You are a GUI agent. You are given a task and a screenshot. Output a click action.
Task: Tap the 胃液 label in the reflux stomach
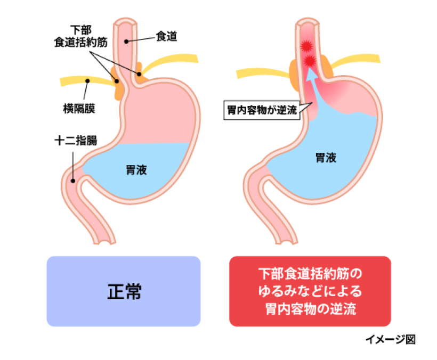click(326, 158)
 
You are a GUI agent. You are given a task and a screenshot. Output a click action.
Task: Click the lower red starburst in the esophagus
click(309, 62)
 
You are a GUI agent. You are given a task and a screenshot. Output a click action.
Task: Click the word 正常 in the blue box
click(124, 291)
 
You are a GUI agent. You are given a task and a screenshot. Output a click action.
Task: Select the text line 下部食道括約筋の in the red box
click(310, 274)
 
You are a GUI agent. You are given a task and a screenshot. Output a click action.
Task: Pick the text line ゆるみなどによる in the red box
click(310, 291)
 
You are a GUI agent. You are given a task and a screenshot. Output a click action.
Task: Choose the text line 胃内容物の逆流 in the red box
click(310, 309)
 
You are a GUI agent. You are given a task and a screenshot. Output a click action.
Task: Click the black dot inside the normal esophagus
click(126, 41)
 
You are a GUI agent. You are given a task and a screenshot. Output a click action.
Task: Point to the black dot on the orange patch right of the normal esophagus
click(139, 74)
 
